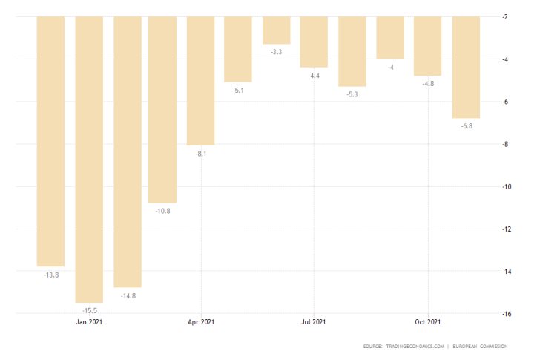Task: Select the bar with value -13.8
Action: coord(50,141)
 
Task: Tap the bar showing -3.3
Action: coord(276,30)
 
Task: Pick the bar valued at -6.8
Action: coord(466,67)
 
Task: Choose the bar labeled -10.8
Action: coord(162,109)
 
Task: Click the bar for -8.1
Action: coord(200,80)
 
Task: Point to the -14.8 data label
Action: coord(127,295)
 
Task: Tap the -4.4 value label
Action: coord(315,76)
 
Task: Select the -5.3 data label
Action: coord(352,94)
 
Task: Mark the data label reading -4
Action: coord(390,68)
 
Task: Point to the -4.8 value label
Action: coord(428,84)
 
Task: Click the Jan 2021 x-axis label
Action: coord(90,322)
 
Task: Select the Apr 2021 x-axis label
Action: coord(201,322)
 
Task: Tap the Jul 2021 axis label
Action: coord(314,322)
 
